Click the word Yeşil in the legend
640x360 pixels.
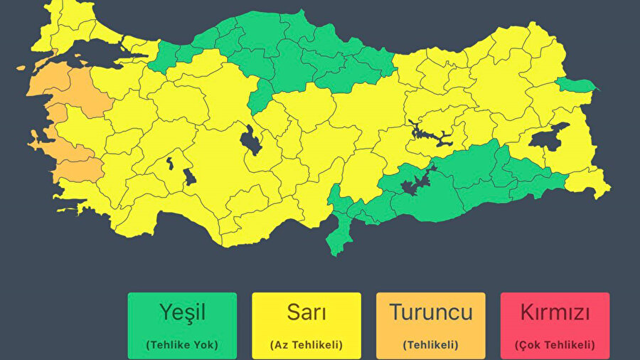[x=182, y=312]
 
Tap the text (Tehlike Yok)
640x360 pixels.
[x=182, y=345]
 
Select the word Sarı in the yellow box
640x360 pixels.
[x=306, y=312]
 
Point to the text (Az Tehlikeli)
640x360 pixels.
[x=306, y=345]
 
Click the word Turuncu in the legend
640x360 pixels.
[x=430, y=312]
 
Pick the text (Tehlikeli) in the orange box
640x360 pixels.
[x=430, y=345]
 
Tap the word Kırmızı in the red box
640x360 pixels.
[x=555, y=312]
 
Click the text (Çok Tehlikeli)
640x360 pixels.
[x=555, y=345]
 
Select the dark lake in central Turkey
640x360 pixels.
[x=250, y=140]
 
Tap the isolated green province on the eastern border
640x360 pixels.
[x=576, y=85]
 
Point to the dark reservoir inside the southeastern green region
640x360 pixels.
[x=413, y=186]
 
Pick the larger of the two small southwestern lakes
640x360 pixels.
[x=189, y=176]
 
